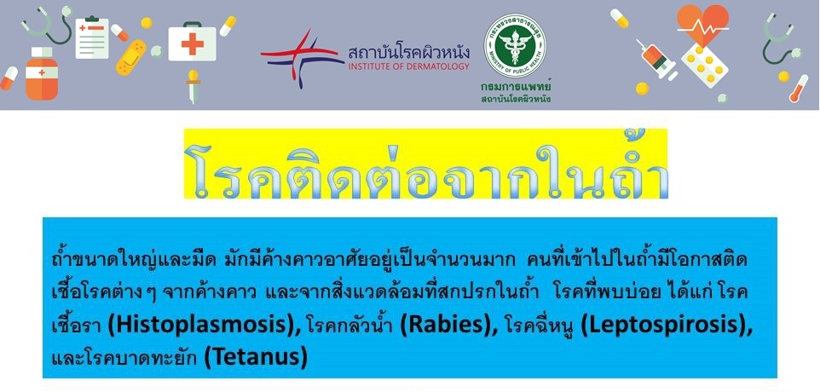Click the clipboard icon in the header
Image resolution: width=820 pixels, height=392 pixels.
[x=92, y=37]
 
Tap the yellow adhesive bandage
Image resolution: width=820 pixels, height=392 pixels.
[x=131, y=57]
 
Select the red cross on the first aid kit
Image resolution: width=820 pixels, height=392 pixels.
[x=192, y=44]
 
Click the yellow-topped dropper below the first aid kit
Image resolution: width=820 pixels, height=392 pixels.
[x=193, y=86]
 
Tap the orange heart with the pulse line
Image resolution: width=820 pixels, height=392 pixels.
[x=702, y=25]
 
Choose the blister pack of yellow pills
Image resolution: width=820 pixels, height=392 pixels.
[x=704, y=66]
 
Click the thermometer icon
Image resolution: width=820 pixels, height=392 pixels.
[x=799, y=89]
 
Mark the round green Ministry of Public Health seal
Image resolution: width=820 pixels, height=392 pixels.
[x=515, y=45]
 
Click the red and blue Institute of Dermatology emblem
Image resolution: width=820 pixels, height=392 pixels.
[x=302, y=58]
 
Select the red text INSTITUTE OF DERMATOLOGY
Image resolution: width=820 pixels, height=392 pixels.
[x=408, y=66]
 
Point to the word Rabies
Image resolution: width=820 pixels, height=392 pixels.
[x=450, y=326]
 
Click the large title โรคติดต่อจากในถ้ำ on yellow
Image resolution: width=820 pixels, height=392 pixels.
[x=426, y=164]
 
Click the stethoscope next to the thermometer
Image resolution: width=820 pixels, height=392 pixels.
[x=779, y=39]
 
